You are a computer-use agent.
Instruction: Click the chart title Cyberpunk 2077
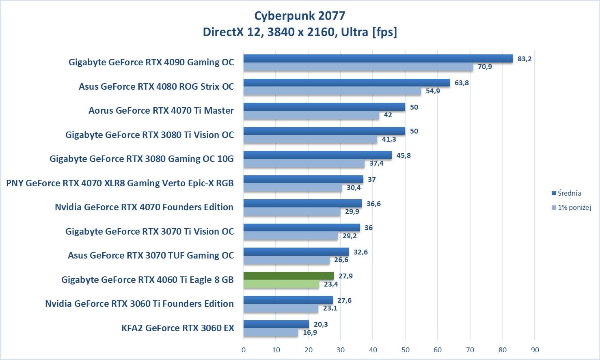(300, 16)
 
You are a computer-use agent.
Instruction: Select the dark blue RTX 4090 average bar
(378, 59)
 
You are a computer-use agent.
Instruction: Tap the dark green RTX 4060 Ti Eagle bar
(288, 276)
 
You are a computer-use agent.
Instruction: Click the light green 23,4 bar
(281, 284)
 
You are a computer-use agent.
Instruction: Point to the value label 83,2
(524, 59)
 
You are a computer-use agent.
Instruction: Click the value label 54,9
(433, 91)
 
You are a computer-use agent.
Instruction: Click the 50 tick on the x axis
(405, 350)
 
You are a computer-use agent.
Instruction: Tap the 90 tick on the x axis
(535, 350)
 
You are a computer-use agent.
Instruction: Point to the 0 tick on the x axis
(244, 350)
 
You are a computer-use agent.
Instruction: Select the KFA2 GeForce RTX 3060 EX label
(178, 328)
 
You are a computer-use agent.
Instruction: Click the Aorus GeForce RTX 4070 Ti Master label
(161, 110)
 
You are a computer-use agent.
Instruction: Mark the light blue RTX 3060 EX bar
(270, 332)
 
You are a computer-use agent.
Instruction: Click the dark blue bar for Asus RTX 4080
(346, 83)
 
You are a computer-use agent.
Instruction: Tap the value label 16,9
(310, 332)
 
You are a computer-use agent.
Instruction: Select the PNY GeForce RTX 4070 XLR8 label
(120, 183)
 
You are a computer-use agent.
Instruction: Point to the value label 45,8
(404, 155)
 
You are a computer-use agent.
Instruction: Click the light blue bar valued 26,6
(286, 260)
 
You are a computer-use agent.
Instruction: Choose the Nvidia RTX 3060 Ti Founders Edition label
(139, 304)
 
